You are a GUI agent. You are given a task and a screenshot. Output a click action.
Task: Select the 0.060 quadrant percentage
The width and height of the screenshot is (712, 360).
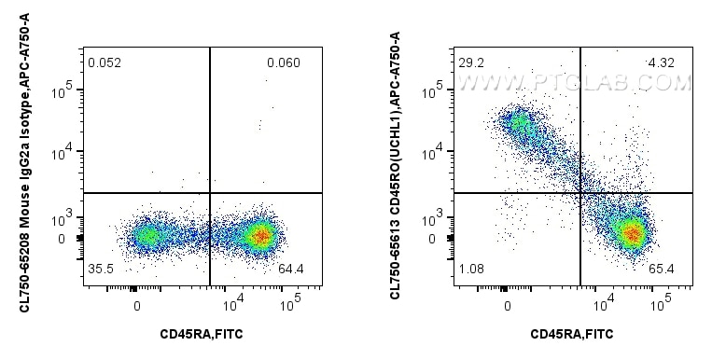(x=282, y=63)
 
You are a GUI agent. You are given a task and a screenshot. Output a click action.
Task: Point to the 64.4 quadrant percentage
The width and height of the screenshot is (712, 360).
(x=292, y=270)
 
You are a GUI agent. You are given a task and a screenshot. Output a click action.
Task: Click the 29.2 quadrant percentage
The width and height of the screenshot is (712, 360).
(x=470, y=63)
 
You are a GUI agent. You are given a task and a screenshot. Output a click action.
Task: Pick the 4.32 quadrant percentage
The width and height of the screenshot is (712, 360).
(x=661, y=63)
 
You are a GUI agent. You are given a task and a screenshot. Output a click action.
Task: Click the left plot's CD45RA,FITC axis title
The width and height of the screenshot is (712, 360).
(x=202, y=333)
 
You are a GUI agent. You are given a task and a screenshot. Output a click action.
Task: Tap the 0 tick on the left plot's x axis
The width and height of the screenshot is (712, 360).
(x=136, y=304)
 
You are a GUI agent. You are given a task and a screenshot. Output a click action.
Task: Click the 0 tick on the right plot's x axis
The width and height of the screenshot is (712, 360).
(x=508, y=304)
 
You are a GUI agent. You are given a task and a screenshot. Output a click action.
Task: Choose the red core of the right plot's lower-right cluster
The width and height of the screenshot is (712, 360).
(x=633, y=233)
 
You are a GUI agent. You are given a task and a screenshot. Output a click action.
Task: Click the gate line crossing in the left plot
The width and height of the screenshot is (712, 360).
(x=210, y=193)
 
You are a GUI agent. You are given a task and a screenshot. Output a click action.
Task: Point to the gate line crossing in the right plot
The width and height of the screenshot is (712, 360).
(x=580, y=193)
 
